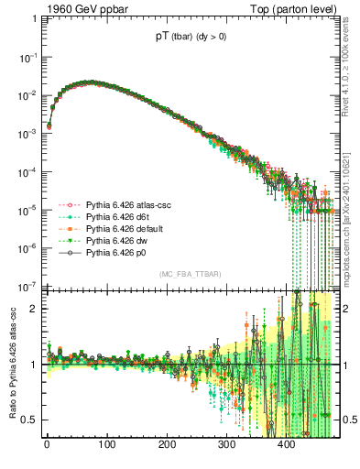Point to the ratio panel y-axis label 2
(32, 309)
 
